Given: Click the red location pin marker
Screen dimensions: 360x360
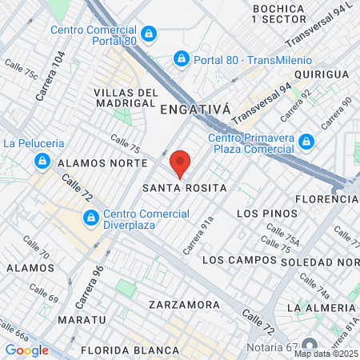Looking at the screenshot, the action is pos(180,162).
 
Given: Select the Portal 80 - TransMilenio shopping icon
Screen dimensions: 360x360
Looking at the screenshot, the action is pos(182,58).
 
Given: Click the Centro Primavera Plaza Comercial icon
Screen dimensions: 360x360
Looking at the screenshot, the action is pos(306,142).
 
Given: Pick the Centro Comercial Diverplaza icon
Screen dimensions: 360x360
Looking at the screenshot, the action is pos(92,218).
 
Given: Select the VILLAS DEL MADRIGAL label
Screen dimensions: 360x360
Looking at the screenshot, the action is pos(124,97).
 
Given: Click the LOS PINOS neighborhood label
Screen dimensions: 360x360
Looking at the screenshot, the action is pos(267,214).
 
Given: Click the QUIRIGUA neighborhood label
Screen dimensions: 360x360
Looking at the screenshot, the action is pos(322,74).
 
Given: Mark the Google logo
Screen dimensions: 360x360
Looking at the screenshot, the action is pos(26,350).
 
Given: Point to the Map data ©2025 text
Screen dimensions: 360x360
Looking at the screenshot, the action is pos(326,354).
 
